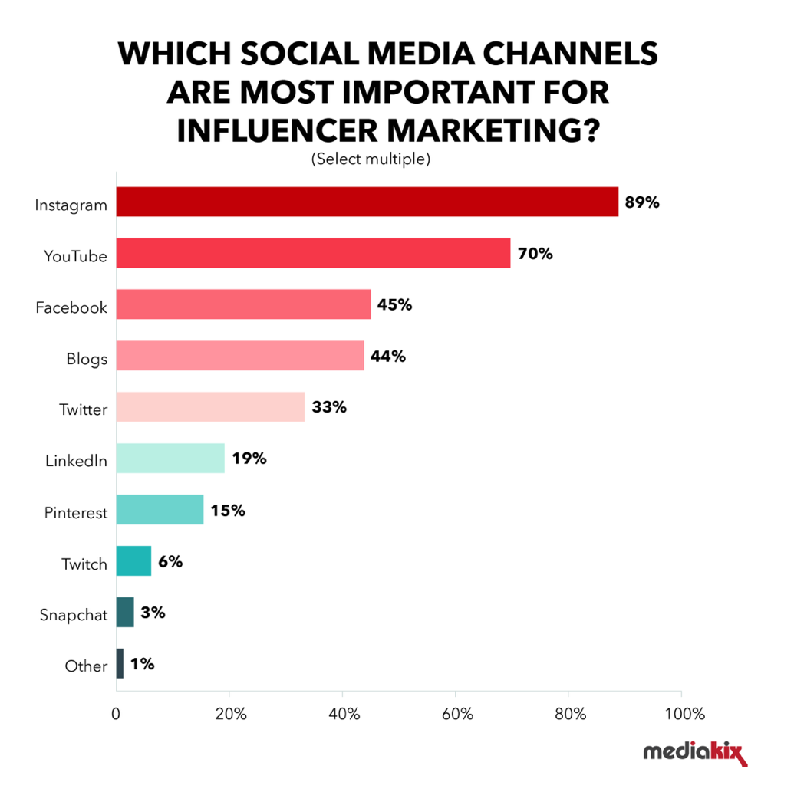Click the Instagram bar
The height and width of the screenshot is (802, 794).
click(x=367, y=202)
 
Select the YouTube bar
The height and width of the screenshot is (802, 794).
click(x=313, y=253)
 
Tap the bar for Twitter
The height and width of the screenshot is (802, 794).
click(x=210, y=407)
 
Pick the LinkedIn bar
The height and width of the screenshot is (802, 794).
click(x=170, y=459)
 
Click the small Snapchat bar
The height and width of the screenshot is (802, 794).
click(x=125, y=613)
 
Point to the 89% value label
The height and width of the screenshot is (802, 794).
click(x=642, y=203)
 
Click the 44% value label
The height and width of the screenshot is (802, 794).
click(x=388, y=357)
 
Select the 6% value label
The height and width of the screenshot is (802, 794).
click(x=170, y=561)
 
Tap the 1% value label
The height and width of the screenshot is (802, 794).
click(x=143, y=664)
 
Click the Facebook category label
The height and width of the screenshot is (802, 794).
click(x=71, y=308)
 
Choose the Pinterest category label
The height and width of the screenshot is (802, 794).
click(x=75, y=513)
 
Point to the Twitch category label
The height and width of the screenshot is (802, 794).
click(x=84, y=564)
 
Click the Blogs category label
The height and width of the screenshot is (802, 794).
click(x=87, y=359)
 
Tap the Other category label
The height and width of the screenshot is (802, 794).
click(x=86, y=666)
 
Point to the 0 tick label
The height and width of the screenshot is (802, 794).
click(x=116, y=715)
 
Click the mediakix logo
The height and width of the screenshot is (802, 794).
click(x=694, y=752)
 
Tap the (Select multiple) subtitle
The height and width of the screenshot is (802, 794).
click(x=371, y=159)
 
